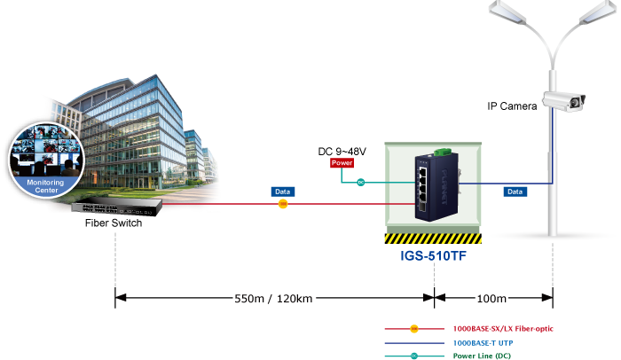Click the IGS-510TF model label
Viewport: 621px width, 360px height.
point(432,257)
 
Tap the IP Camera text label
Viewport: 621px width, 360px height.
point(512,106)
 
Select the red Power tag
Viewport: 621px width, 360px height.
point(342,163)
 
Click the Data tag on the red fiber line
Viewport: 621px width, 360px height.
point(282,191)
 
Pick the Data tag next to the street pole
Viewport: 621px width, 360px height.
point(514,191)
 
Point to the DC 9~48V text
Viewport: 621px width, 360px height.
point(342,151)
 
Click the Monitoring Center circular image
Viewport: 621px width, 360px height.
point(45,160)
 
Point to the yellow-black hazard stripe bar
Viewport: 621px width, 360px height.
point(432,239)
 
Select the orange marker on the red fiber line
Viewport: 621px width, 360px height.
point(282,205)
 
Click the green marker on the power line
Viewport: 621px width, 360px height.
point(360,183)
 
